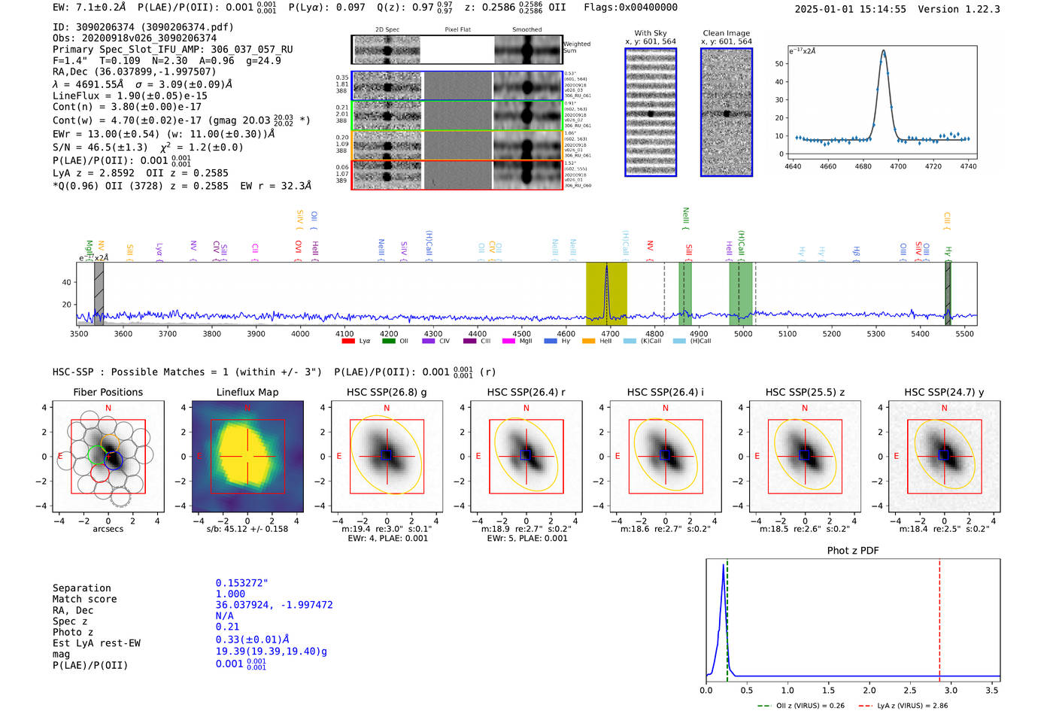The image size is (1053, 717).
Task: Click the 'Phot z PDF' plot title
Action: (852, 551)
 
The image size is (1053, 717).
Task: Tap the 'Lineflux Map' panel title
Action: (247, 392)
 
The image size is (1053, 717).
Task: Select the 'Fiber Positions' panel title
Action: (108, 392)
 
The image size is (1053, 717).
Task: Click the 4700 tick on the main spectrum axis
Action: (611, 334)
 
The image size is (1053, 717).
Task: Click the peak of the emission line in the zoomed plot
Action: (883, 51)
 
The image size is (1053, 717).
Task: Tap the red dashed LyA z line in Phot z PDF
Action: (939, 617)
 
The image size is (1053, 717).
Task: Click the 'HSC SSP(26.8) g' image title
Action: (387, 392)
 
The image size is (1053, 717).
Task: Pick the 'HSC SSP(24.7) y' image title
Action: (944, 392)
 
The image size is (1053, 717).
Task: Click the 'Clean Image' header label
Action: (726, 33)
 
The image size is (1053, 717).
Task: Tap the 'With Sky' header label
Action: (650, 33)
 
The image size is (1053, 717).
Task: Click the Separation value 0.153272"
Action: (241, 583)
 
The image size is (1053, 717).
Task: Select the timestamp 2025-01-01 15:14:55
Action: (850, 9)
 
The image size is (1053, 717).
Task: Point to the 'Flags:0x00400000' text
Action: (630, 8)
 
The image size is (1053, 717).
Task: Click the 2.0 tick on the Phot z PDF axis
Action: (869, 690)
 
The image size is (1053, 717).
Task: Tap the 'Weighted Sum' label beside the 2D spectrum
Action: (577, 47)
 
